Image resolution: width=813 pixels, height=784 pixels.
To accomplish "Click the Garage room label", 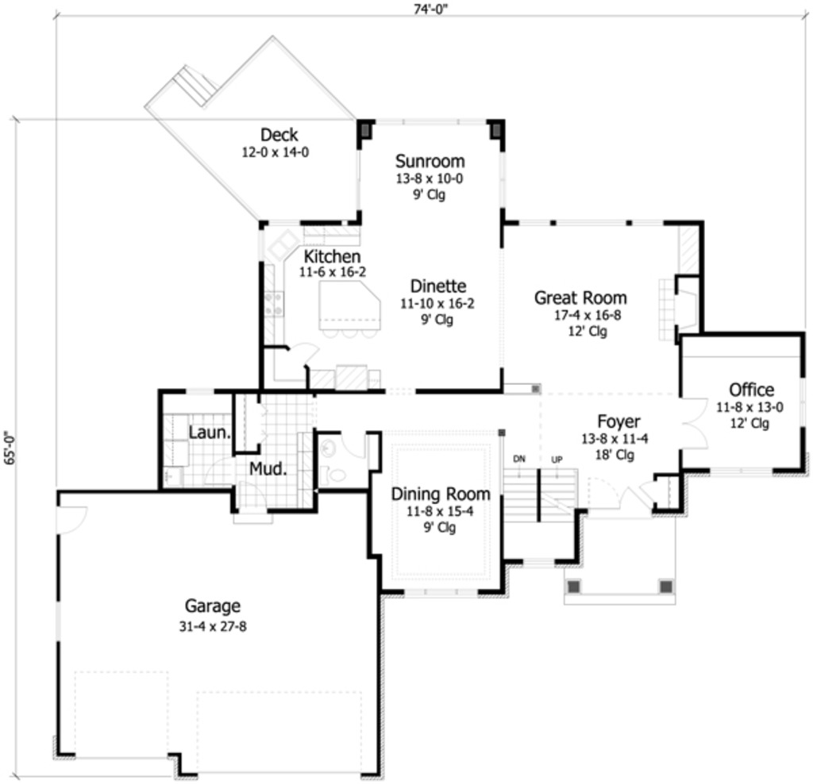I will pos(212,606).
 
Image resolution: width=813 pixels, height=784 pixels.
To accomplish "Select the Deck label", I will pos(279,135).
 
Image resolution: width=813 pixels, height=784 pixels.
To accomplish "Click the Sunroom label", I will pos(430,162).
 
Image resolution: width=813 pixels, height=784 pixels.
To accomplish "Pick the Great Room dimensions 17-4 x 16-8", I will pos(580,315).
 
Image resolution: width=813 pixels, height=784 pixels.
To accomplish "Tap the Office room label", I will pos(750,390).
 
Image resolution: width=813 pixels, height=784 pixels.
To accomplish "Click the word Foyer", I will pos(618,421).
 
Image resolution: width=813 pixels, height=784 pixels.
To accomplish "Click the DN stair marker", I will pos(518,459).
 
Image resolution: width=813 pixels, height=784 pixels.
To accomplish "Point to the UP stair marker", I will pos(557,459).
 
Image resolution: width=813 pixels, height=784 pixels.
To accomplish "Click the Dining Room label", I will pos(440,494).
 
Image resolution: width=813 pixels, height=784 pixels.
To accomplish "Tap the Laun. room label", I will pos(210,433).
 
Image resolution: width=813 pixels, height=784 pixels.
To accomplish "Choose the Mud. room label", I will pos(268,467).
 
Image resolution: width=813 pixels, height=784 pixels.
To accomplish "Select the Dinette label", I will pos(438,286).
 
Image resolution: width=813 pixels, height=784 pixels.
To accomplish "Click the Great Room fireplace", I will pos(684,305).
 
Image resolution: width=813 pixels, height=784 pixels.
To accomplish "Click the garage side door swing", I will pos(71,519).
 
